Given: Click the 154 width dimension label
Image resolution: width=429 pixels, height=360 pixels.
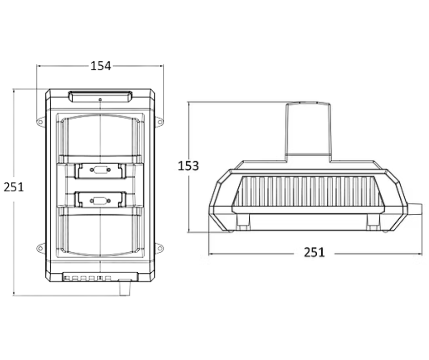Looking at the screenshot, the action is coord(101,66).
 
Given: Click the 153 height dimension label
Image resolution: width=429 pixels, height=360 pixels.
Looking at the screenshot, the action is coord(188,166).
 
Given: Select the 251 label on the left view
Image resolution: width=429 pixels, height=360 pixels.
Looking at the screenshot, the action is coord(14,187).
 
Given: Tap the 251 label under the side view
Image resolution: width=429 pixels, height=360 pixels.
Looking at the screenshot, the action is coord(314,252).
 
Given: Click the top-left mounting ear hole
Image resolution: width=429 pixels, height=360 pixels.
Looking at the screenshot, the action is coord(40,122).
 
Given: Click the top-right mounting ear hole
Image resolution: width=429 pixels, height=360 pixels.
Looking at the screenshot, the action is coord(160,122).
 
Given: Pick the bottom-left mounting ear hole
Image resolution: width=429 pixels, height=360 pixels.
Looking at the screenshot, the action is coord(40,249).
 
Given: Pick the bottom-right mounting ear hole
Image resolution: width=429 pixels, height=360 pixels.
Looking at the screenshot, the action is coord(160,249).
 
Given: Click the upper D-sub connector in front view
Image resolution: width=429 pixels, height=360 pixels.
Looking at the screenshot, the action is coord(100,170).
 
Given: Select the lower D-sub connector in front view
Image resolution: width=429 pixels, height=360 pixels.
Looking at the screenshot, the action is coord(100,201).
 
